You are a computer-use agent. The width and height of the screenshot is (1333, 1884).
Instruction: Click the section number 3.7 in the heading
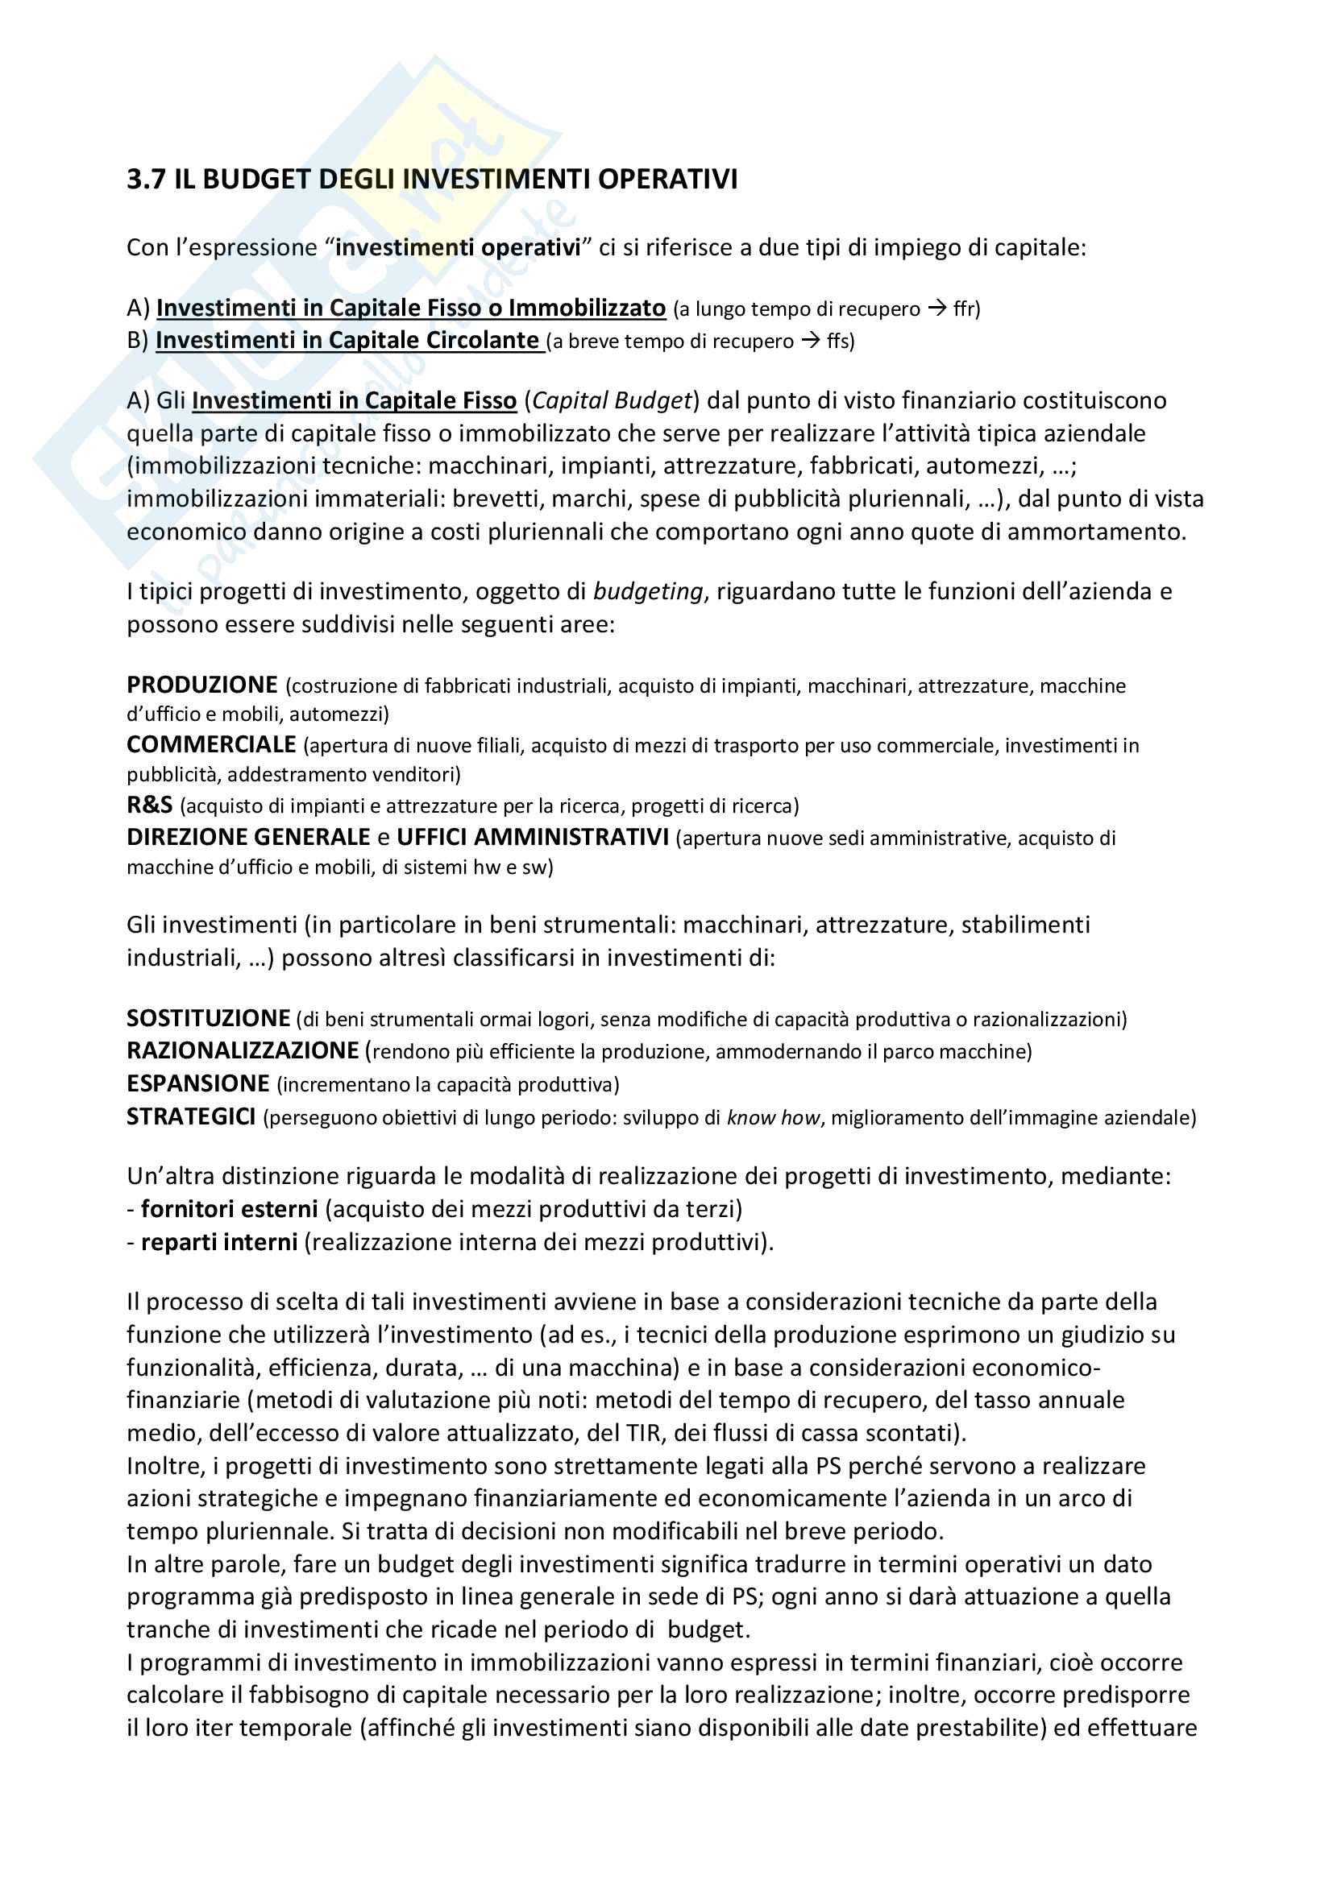tap(145, 179)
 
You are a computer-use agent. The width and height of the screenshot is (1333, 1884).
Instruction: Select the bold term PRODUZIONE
tap(202, 685)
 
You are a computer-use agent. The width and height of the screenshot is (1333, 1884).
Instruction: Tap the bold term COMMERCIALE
tap(211, 744)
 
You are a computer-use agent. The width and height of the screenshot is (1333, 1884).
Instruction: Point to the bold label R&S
tap(149, 805)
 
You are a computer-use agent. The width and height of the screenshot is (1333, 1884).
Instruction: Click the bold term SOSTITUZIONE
tap(209, 1018)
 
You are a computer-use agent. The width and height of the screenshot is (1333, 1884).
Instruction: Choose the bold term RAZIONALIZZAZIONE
tap(243, 1051)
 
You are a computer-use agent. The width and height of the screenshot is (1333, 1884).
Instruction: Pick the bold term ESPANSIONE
tap(197, 1084)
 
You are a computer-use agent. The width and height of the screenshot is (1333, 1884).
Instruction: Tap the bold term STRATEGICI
tap(191, 1116)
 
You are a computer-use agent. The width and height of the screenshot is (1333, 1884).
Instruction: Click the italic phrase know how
tap(773, 1118)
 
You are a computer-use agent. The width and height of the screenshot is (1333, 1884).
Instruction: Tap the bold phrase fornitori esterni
tap(230, 1209)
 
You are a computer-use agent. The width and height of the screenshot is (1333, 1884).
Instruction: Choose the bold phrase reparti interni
tap(219, 1242)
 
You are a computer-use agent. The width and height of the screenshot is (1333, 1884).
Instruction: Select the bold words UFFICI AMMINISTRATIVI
tap(533, 837)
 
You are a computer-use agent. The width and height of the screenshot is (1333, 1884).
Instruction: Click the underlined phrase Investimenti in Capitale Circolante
tap(347, 341)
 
